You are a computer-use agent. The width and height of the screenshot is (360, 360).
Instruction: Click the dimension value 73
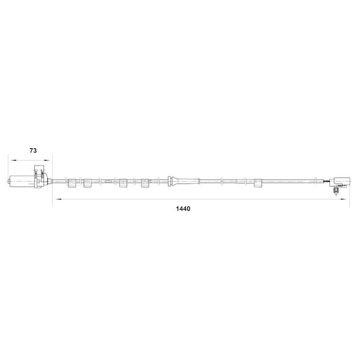[x=33, y=151]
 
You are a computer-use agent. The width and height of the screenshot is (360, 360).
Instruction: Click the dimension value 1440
[x=183, y=209]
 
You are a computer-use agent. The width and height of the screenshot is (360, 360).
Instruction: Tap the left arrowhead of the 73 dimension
[x=13, y=160]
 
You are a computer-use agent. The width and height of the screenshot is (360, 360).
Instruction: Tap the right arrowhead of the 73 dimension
[x=47, y=160]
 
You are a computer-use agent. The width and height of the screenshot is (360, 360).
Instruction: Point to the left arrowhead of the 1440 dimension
[x=59, y=199]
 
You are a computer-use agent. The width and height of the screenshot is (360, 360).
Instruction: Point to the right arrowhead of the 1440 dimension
[x=343, y=199]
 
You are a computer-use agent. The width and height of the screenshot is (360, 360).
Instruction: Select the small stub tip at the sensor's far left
[x=9, y=181]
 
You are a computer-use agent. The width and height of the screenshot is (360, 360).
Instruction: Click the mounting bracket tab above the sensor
[x=39, y=169]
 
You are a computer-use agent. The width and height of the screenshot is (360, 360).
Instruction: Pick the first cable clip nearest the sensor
[x=72, y=183]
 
